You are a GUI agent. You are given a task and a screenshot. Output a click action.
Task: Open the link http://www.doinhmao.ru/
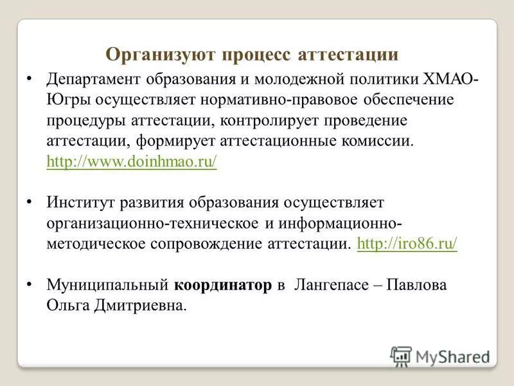132,161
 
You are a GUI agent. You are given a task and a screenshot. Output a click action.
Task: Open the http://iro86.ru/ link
406,244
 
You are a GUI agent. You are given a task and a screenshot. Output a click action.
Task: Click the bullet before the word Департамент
30,78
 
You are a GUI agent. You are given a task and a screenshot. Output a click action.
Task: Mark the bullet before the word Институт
30,201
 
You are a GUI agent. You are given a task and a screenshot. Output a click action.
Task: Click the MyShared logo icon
401,356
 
